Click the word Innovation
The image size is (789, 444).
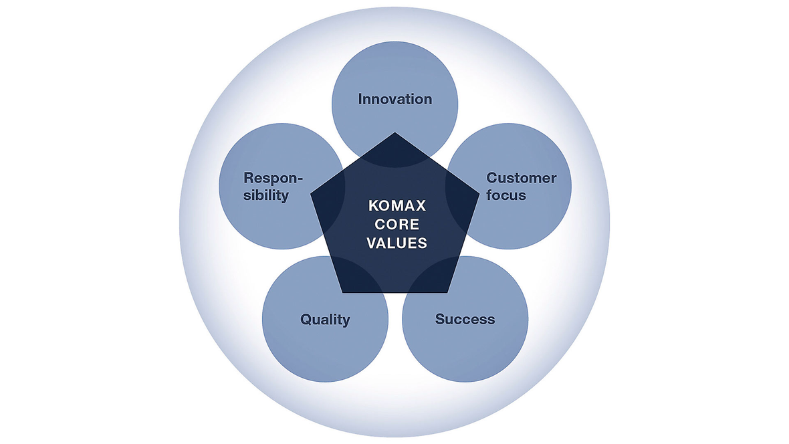click(x=394, y=99)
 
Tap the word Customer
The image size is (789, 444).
click(x=521, y=178)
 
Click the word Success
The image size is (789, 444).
click(x=465, y=319)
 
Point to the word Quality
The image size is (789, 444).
click(x=325, y=319)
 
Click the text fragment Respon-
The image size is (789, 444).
click(x=273, y=178)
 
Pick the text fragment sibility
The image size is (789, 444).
click(x=266, y=195)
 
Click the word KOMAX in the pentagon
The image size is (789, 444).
click(x=397, y=207)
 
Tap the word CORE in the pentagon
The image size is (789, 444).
click(x=397, y=225)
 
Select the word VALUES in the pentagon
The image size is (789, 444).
click(x=397, y=243)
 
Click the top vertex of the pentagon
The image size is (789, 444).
click(x=395, y=132)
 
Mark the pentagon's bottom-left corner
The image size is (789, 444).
click(x=343, y=293)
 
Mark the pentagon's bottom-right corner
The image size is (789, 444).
click(x=447, y=293)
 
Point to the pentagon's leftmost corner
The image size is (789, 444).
click(x=311, y=195)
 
